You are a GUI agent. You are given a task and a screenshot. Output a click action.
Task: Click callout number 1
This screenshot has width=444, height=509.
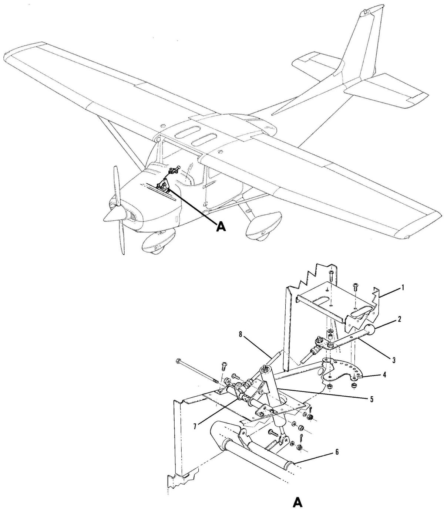click(x=403, y=287)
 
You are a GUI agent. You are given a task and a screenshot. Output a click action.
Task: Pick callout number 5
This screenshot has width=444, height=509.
click(x=372, y=399)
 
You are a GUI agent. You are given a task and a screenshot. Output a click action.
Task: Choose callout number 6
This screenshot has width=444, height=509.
click(x=338, y=451)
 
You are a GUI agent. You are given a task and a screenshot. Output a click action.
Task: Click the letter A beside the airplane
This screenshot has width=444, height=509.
click(x=220, y=227)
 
